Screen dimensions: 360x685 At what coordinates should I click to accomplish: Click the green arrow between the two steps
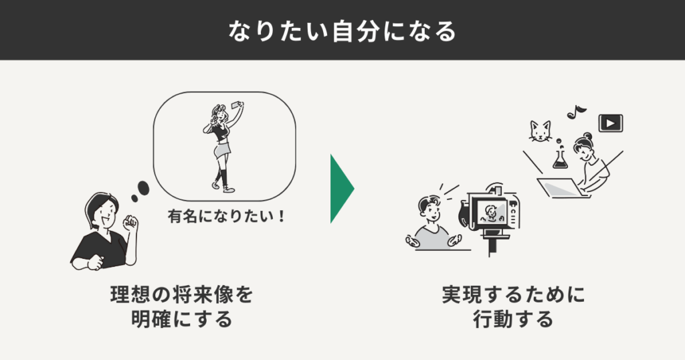[x=340, y=189]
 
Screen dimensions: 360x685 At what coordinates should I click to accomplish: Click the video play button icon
[x=610, y=122]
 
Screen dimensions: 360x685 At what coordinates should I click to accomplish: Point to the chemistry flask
[x=559, y=159]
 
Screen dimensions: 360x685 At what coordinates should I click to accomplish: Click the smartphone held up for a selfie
[x=236, y=106]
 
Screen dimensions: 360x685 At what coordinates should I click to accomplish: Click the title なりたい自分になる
[x=342, y=31]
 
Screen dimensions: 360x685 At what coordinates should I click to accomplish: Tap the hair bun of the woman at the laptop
[x=588, y=137]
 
